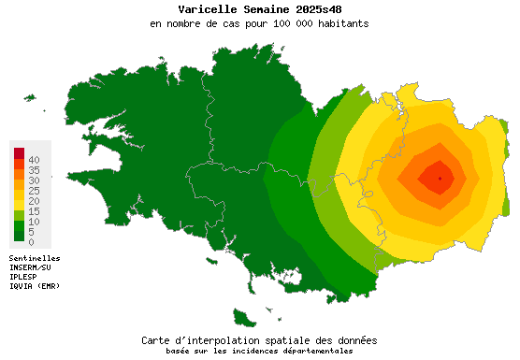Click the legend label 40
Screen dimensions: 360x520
[34, 160]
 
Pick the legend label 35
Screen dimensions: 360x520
[34, 170]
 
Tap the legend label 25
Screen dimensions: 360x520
[34, 191]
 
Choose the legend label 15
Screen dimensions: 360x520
[34, 211]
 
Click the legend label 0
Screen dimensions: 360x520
[31, 242]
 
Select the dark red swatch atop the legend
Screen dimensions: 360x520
[19, 152]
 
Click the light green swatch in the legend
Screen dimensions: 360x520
[19, 215]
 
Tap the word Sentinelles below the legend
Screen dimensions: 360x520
[35, 257]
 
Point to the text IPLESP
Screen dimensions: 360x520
[24, 276]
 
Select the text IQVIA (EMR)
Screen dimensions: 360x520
[36, 285]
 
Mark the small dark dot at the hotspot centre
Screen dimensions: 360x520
[440, 178]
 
